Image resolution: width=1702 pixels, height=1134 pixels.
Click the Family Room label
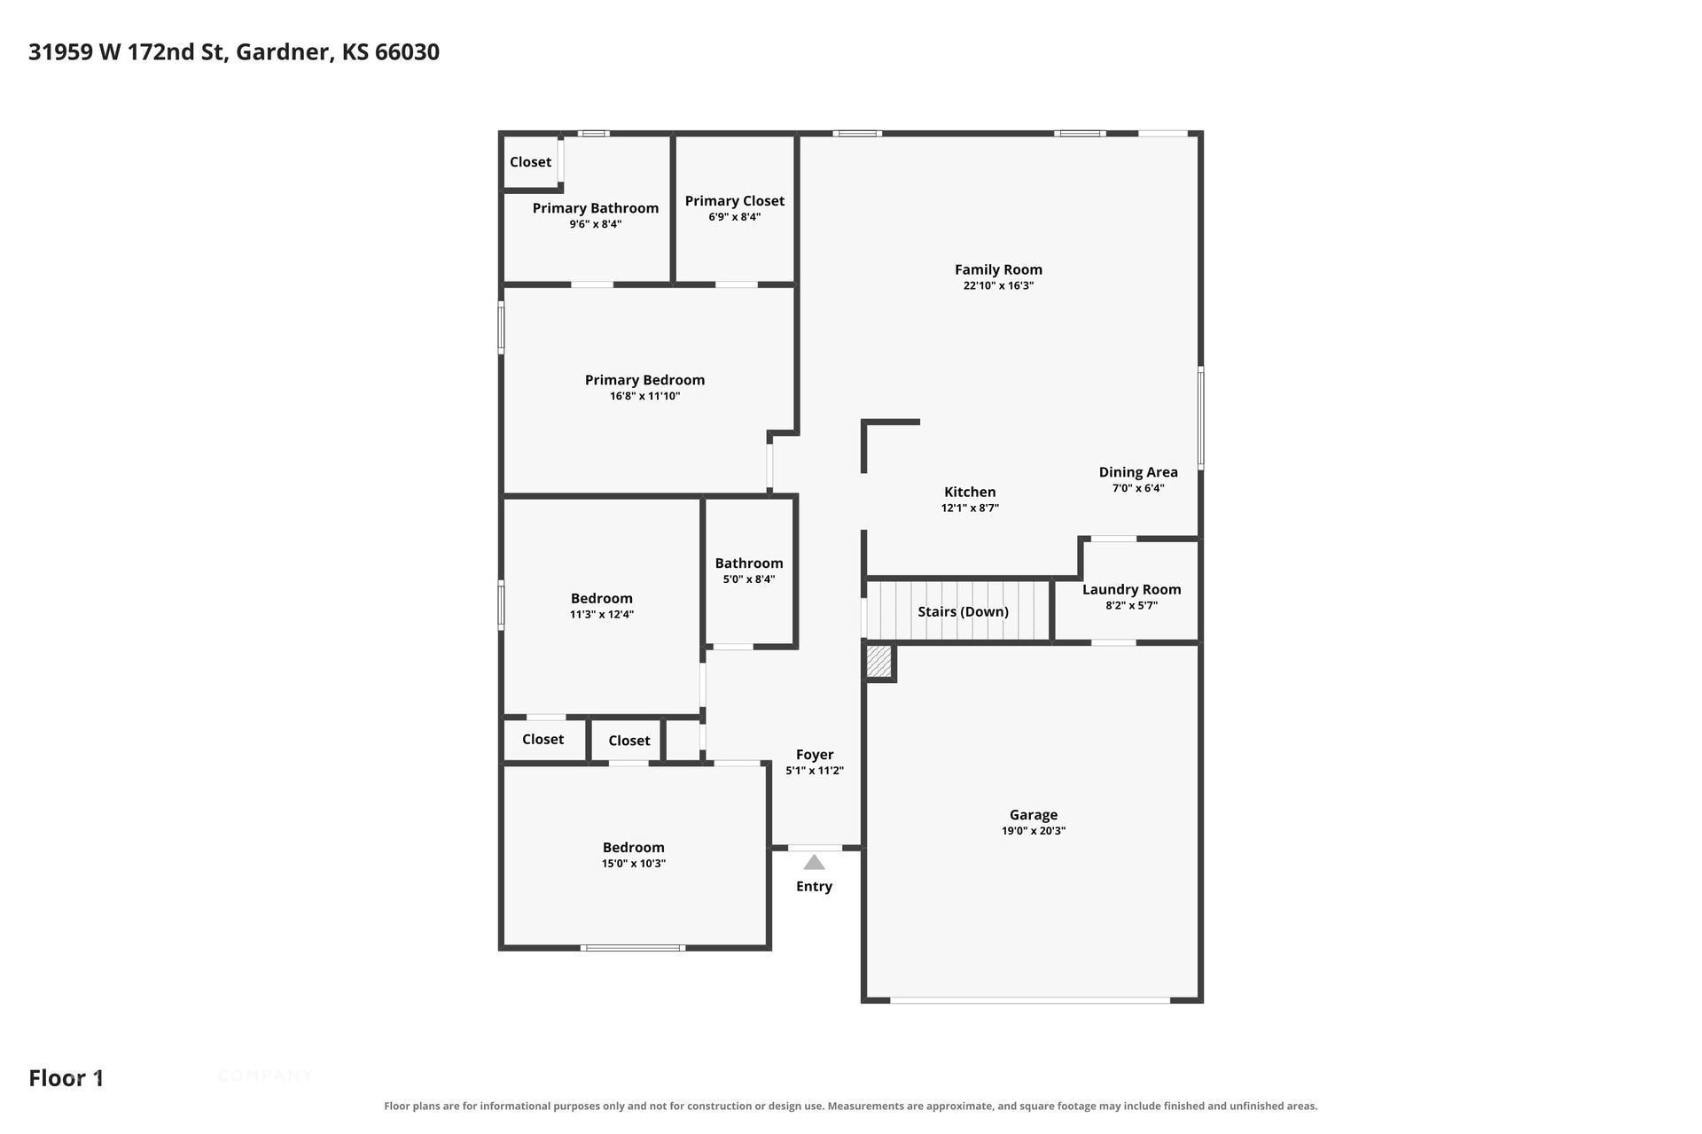[998, 269]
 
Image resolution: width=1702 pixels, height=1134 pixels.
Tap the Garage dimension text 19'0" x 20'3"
[1034, 831]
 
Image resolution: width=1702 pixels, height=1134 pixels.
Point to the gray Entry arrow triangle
[814, 862]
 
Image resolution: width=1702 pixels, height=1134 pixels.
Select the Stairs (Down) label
[963, 611]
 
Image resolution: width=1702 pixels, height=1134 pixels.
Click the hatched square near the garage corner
[878, 661]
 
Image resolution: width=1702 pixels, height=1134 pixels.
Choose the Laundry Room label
[1131, 589]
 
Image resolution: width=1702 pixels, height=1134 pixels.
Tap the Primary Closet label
[734, 201]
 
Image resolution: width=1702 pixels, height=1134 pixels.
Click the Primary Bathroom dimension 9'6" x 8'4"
[596, 224]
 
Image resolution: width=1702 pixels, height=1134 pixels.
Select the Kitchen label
[970, 492]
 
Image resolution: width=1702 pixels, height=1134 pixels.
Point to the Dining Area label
[1138, 472]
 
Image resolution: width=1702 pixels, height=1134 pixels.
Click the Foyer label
[815, 755]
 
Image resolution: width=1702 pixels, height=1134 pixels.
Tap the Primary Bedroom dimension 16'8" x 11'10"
[644, 396]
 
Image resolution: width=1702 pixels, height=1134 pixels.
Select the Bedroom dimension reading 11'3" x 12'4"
[602, 615]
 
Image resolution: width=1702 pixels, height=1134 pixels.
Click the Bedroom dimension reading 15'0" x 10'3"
[634, 864]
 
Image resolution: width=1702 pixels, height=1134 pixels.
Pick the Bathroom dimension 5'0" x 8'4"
[749, 579]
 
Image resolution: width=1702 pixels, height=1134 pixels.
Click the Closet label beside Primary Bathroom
[530, 162]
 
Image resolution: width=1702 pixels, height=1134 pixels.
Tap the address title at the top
[234, 52]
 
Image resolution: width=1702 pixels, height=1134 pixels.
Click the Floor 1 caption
[66, 1078]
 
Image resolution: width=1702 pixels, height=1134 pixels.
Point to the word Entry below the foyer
[814, 887]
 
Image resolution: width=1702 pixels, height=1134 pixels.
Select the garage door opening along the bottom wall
[1030, 1000]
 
